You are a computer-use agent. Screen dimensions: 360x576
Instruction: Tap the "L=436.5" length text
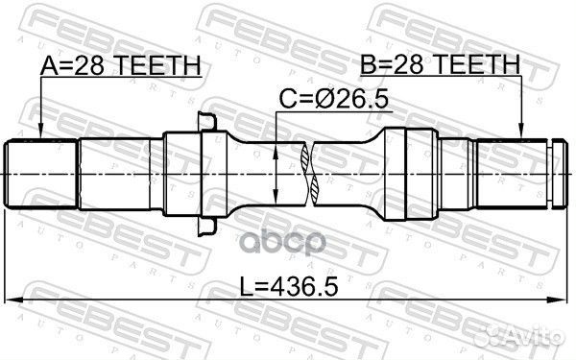(289, 284)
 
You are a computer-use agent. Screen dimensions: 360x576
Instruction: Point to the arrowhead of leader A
(40, 134)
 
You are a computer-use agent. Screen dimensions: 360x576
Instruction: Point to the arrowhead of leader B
(520, 134)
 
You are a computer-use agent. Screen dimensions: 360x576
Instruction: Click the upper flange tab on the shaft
(205, 123)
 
